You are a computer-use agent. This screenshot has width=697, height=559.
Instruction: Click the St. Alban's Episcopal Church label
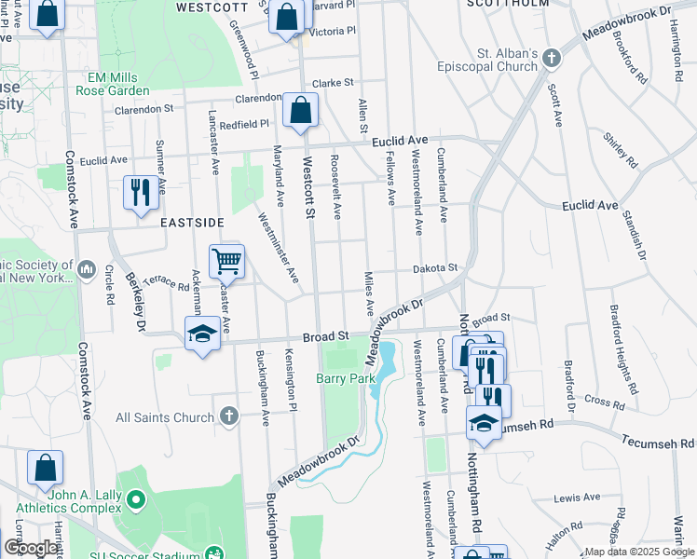coord(487,60)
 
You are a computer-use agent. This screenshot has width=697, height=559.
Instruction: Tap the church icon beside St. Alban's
coord(551,59)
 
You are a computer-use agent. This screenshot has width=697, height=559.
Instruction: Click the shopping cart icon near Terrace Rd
coord(226,262)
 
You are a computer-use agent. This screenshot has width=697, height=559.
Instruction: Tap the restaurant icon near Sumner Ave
coord(141,193)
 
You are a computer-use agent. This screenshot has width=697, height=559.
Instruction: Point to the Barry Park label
coord(345,378)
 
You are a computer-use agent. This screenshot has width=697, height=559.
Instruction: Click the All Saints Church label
coord(164,417)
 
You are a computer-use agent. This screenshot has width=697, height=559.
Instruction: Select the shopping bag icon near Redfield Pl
coord(300,111)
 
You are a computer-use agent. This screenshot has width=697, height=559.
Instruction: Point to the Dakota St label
coord(438,268)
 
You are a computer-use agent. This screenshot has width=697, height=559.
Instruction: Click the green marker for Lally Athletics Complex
coord(136,501)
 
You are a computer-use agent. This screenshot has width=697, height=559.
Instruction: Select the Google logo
coord(30,549)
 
